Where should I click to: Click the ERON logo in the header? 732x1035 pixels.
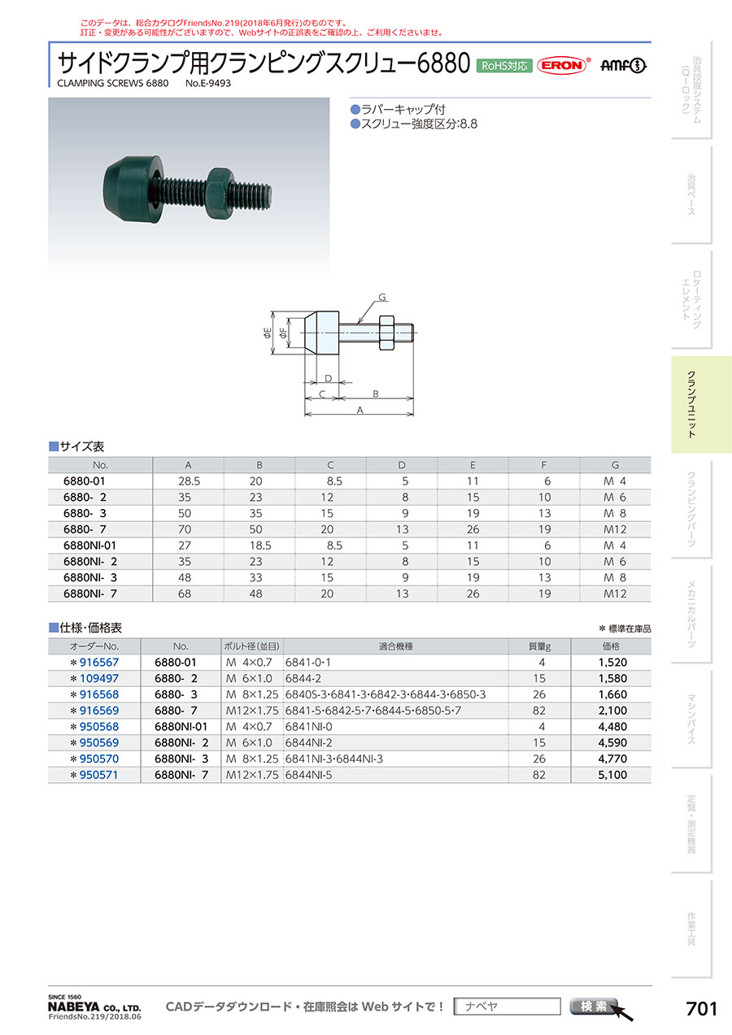[x=562, y=65]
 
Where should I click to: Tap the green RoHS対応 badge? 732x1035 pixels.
[x=504, y=66]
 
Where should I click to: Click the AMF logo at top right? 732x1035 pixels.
[x=623, y=66]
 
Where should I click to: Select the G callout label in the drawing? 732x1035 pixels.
[x=382, y=297]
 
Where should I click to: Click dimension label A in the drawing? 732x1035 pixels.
[x=359, y=410]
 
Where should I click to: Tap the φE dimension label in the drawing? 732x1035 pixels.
[x=267, y=333]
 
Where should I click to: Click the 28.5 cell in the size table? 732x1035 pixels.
[x=189, y=481]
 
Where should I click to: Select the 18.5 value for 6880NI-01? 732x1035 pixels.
[x=260, y=546]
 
